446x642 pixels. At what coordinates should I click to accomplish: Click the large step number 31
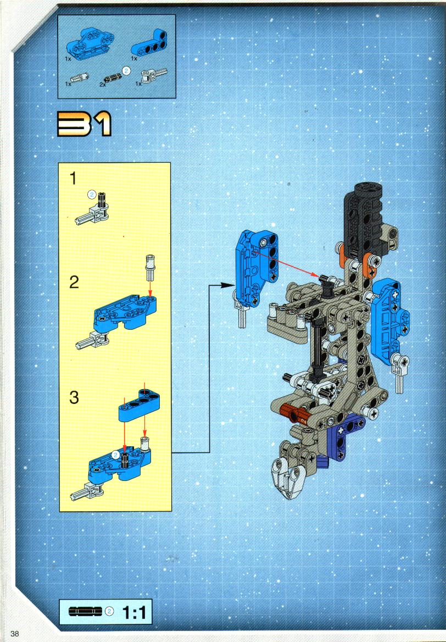pyautogui.click(x=85, y=124)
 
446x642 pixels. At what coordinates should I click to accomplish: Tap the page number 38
pyautogui.click(x=15, y=633)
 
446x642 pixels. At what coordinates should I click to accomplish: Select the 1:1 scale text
pyautogui.click(x=134, y=612)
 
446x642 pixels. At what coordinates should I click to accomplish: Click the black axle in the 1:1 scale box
pyautogui.click(x=85, y=611)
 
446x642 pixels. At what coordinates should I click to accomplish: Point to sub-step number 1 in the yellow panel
pyautogui.click(x=73, y=179)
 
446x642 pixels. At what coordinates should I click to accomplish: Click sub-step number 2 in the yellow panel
pyautogui.click(x=74, y=283)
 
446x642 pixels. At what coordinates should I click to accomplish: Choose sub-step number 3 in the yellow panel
pyautogui.click(x=74, y=397)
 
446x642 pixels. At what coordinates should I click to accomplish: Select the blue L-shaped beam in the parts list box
pyautogui.click(x=150, y=43)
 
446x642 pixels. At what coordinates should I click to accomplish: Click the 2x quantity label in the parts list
pyautogui.click(x=102, y=85)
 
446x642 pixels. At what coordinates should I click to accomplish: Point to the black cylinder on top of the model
pyautogui.click(x=365, y=221)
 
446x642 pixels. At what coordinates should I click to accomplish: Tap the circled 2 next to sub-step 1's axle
pyautogui.click(x=92, y=195)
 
